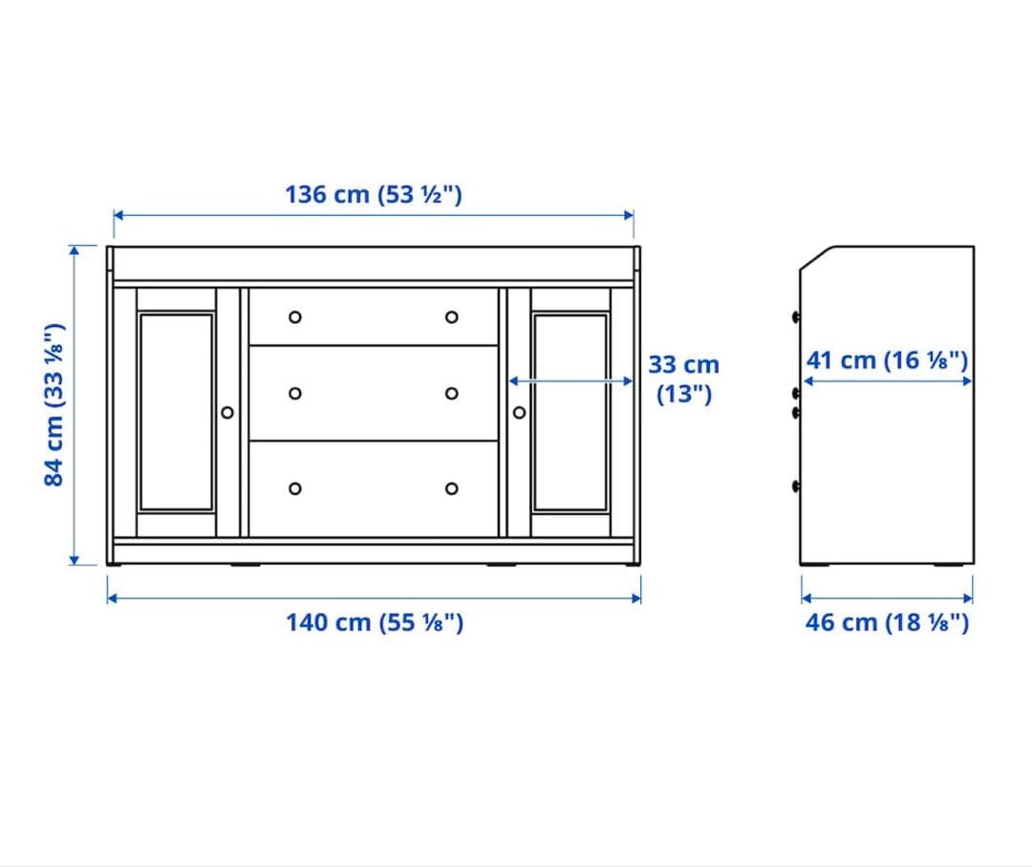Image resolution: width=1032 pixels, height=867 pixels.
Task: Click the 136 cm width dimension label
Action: click(x=374, y=194)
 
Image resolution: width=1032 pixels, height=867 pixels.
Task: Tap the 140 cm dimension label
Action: click(x=375, y=622)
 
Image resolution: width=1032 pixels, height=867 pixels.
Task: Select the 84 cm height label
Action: click(x=55, y=403)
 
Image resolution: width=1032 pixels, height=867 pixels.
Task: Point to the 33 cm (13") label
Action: click(x=683, y=379)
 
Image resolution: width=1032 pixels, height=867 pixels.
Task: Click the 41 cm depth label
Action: click(x=888, y=360)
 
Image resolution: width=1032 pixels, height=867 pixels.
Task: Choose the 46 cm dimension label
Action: click(x=887, y=622)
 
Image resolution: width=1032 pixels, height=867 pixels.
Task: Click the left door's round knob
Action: click(x=226, y=412)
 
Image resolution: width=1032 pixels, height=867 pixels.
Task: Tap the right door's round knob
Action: click(x=519, y=412)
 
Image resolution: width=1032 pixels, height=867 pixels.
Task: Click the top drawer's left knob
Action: click(x=295, y=317)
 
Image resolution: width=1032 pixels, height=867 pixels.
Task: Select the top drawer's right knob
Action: click(x=451, y=317)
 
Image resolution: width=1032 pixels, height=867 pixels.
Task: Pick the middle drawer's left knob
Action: click(x=295, y=393)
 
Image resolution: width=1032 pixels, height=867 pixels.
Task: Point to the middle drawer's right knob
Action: click(x=451, y=393)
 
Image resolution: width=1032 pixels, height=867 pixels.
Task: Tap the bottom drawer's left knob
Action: click(x=295, y=488)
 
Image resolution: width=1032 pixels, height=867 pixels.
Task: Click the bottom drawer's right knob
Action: click(x=451, y=488)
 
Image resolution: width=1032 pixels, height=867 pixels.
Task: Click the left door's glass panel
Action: click(x=176, y=412)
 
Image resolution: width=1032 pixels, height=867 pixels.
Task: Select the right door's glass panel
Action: click(x=570, y=412)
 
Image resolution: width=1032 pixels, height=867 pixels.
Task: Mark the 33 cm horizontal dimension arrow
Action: click(x=570, y=380)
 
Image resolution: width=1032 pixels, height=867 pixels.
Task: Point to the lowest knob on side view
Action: click(x=796, y=487)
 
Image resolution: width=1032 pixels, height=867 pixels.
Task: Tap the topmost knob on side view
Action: click(x=796, y=316)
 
